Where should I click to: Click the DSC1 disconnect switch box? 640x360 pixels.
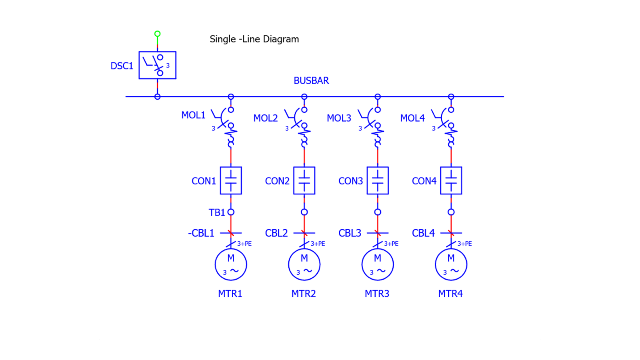(x=157, y=65)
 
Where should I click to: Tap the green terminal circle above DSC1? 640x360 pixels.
(x=158, y=34)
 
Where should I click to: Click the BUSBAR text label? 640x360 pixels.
(x=311, y=81)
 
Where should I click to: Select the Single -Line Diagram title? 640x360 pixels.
(x=254, y=39)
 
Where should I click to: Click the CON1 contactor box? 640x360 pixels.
(x=231, y=180)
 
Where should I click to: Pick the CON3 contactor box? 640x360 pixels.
(x=378, y=180)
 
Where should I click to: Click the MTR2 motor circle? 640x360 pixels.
(x=304, y=264)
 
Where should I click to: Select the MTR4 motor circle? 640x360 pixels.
(x=451, y=264)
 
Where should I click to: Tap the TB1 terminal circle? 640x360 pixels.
(x=231, y=212)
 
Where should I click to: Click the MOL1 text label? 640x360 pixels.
(x=193, y=115)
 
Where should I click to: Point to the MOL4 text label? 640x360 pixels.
(x=412, y=118)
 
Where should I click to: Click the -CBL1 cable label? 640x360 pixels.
(x=201, y=233)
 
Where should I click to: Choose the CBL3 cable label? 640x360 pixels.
(x=350, y=233)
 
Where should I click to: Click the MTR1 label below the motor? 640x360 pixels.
(x=230, y=294)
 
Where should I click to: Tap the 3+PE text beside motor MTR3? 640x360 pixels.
(x=391, y=244)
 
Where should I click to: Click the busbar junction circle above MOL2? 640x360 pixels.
(x=304, y=97)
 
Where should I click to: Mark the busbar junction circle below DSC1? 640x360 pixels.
(x=158, y=97)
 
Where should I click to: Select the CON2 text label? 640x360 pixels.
(x=277, y=181)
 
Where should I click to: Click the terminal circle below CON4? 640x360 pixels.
(x=451, y=212)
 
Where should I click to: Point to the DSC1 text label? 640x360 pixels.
(x=122, y=66)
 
